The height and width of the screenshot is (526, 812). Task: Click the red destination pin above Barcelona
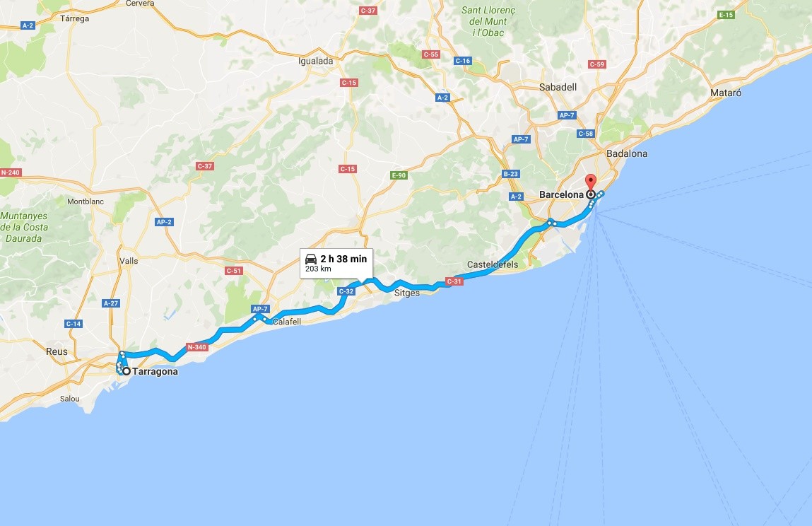tap(591, 181)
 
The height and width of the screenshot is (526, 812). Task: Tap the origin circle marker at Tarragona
tap(126, 371)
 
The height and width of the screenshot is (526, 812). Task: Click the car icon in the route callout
tap(311, 259)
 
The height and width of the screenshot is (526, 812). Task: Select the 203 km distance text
tap(318, 269)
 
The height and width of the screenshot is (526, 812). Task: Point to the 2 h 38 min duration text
tap(343, 259)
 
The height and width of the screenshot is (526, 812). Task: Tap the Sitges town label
tap(406, 293)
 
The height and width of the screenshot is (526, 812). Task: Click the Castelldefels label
tap(493, 265)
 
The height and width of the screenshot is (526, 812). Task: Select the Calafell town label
tap(287, 322)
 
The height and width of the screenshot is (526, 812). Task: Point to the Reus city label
tap(57, 351)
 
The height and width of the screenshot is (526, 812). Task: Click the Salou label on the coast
tap(70, 398)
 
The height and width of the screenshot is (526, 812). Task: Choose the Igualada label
tap(316, 61)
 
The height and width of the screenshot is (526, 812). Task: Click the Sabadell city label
tap(558, 87)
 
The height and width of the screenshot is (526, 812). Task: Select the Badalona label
tap(626, 153)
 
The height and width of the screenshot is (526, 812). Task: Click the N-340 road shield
tap(196, 347)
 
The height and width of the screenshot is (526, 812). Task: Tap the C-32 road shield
tap(346, 291)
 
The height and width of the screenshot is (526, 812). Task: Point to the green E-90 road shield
tap(399, 175)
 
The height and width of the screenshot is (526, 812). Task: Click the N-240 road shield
tap(11, 173)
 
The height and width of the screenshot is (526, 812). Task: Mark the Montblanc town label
tap(86, 201)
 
